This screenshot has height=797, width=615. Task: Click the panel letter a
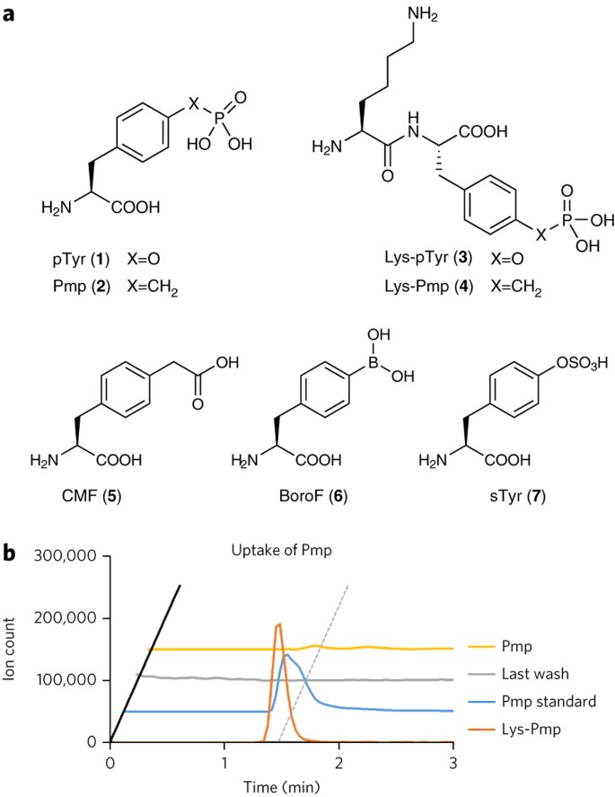tap(11, 15)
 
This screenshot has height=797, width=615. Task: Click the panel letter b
tap(11, 559)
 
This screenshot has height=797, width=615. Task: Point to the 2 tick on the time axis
tap(338, 761)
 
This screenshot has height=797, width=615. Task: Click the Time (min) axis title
tap(281, 786)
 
